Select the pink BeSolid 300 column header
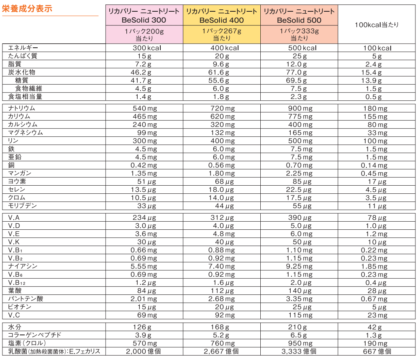145,15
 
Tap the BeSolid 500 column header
299,15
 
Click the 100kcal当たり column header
377,25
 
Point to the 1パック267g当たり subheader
221,34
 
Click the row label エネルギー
23,48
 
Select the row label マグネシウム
26,133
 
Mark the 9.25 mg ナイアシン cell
299,267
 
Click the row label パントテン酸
26,299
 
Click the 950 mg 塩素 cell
299,343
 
